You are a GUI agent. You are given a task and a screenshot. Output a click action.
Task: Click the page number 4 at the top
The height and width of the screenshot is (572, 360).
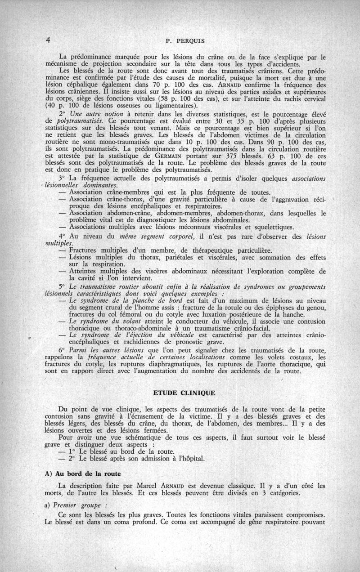pos(48,40)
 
